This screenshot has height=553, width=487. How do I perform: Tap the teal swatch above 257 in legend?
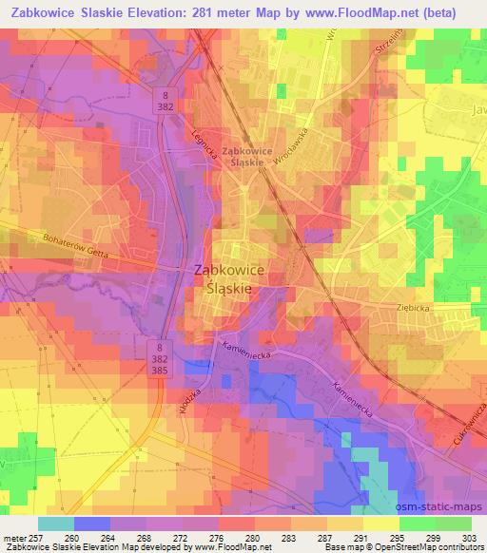(55, 523)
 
